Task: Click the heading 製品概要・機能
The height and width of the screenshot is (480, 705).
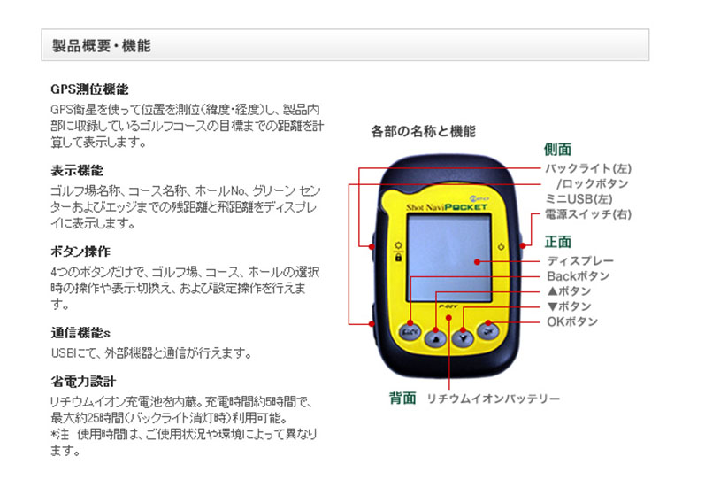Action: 102,45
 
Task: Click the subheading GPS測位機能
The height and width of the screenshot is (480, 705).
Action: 89,89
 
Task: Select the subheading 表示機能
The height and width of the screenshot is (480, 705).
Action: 77,170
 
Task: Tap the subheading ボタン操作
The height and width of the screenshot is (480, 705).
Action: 80,252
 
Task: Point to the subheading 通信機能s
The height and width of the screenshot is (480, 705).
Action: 80,333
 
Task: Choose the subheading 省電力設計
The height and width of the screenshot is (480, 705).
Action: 83,382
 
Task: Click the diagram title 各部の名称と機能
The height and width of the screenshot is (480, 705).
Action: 423,131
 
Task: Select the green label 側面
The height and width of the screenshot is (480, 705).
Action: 557,150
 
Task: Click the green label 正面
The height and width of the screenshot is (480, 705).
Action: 558,242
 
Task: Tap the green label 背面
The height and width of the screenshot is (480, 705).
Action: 402,398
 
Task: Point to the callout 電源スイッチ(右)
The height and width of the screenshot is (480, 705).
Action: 588,214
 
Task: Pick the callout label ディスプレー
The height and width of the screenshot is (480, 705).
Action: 580,260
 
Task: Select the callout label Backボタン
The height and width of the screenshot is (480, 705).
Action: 579,276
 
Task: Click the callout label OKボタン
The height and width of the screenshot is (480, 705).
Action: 572,321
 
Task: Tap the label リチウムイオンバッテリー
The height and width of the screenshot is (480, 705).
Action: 494,399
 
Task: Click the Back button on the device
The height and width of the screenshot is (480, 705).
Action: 410,332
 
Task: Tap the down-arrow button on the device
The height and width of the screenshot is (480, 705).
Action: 463,337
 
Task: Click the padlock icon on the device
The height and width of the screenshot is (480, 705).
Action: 398,258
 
